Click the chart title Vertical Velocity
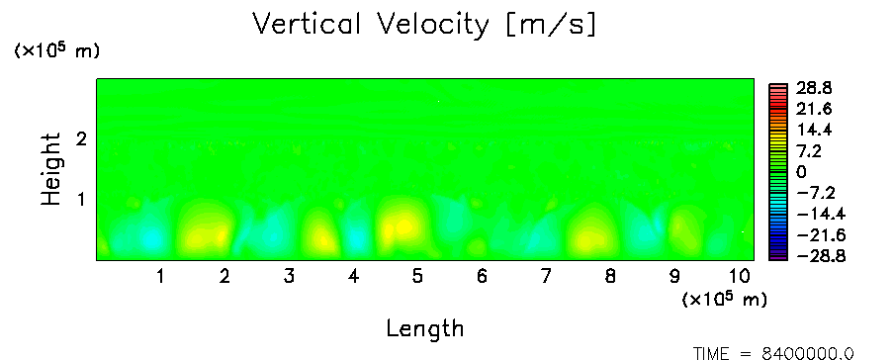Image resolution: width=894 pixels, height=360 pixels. pyautogui.click(x=371, y=25)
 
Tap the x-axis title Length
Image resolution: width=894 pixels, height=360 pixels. pyautogui.click(x=425, y=329)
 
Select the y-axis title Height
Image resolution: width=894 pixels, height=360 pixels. pyautogui.click(x=50, y=169)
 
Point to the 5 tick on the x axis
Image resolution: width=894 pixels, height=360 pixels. pyautogui.click(x=417, y=277)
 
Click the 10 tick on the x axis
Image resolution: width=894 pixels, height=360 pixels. pyautogui.click(x=740, y=277)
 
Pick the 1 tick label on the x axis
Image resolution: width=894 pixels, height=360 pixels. pyautogui.click(x=161, y=277)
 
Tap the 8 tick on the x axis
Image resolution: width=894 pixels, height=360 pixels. pyautogui.click(x=610, y=277)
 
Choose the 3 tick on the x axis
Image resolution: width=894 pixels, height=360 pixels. pyautogui.click(x=289, y=277)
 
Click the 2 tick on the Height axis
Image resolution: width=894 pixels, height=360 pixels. pyautogui.click(x=81, y=138)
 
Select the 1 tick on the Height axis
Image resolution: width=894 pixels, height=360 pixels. pyautogui.click(x=81, y=200)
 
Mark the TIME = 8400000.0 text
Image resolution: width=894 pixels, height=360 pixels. pyautogui.click(x=773, y=354)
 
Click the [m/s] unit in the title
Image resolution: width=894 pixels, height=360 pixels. pyautogui.click(x=551, y=26)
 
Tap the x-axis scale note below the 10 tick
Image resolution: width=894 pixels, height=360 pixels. pyautogui.click(x=724, y=299)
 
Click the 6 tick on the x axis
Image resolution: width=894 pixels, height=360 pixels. pyautogui.click(x=482, y=277)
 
